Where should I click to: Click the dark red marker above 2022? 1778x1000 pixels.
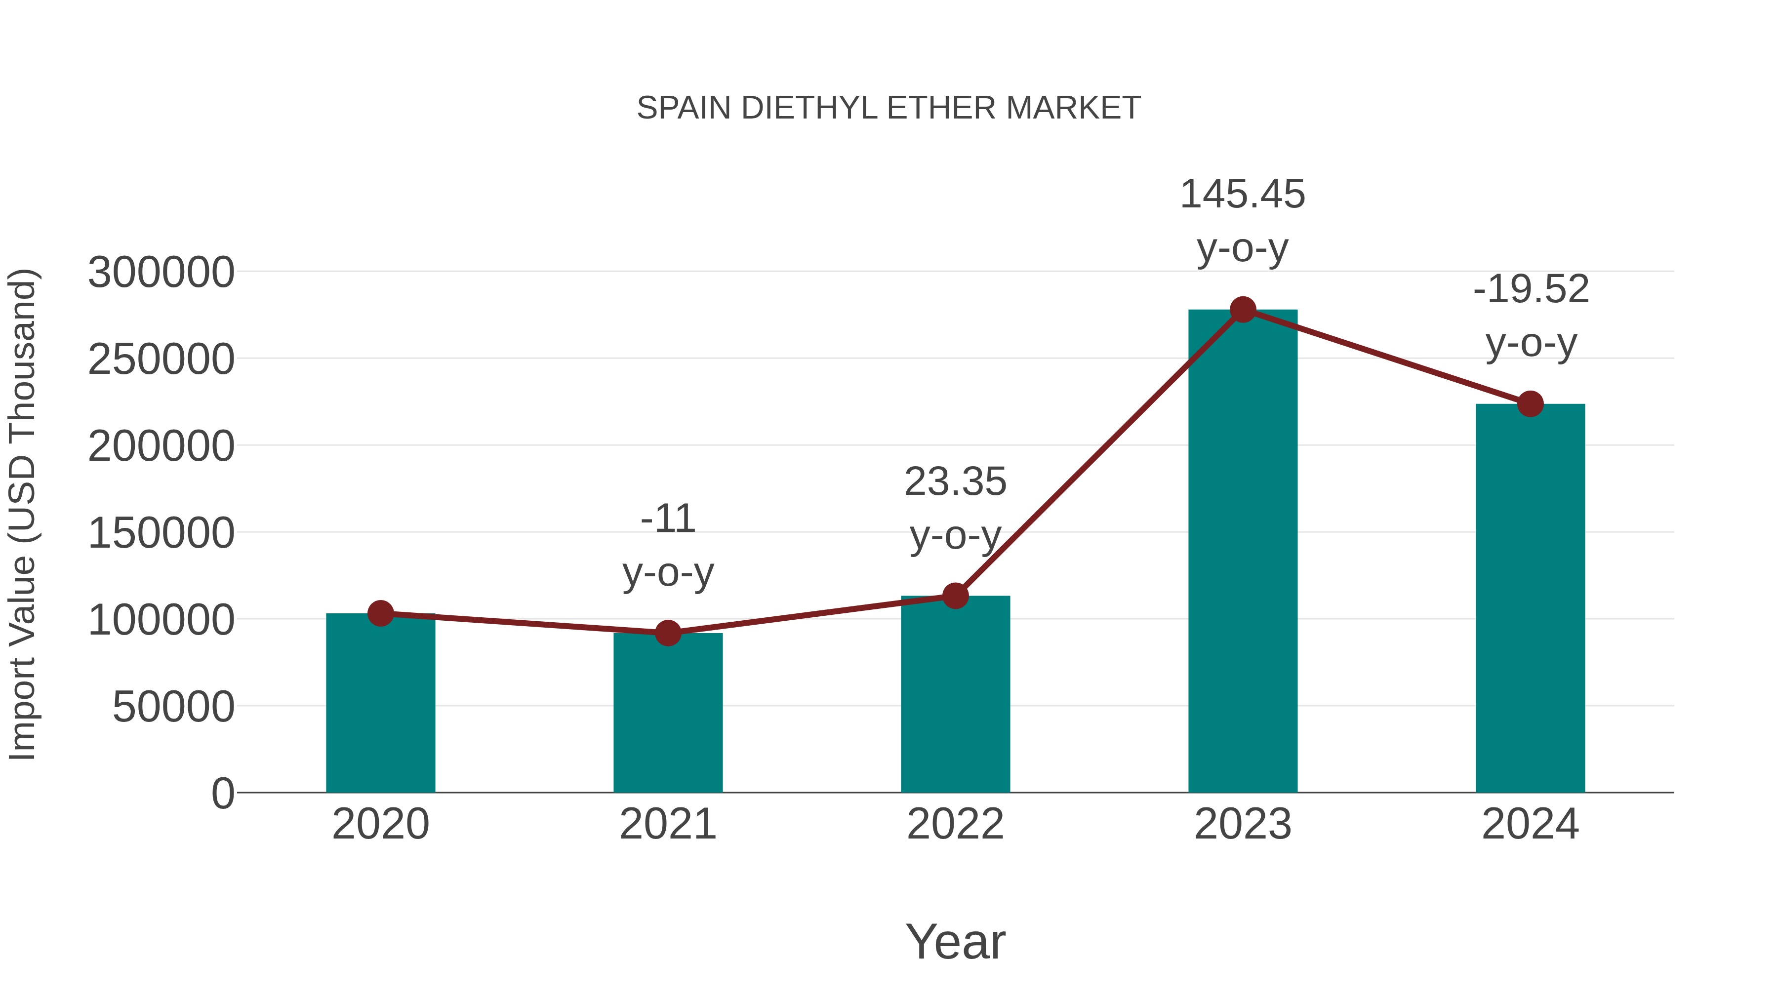pyautogui.click(x=955, y=596)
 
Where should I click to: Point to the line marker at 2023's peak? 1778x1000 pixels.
pyautogui.click(x=1243, y=310)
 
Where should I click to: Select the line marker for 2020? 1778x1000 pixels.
pyautogui.click(x=380, y=613)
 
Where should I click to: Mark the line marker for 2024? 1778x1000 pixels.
pyautogui.click(x=1530, y=404)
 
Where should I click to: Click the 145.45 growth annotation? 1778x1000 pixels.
pyautogui.click(x=1243, y=194)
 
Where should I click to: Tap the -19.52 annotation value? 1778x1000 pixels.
pyautogui.click(x=1530, y=289)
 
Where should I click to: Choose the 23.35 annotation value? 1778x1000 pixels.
pyautogui.click(x=955, y=481)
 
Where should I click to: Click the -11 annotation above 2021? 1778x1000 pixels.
pyautogui.click(x=667, y=519)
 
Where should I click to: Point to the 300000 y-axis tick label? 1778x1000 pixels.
pyautogui.click(x=161, y=272)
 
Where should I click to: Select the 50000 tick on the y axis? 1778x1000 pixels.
pyautogui.click(x=173, y=707)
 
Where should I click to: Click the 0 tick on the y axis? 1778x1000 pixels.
pyautogui.click(x=222, y=793)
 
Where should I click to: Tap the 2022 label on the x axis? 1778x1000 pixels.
pyautogui.click(x=955, y=824)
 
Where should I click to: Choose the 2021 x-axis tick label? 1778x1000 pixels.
pyautogui.click(x=667, y=824)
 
